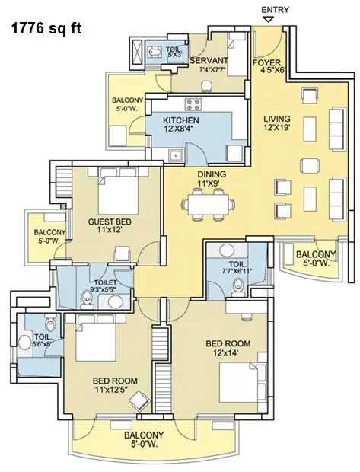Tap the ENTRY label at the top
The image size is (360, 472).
276,8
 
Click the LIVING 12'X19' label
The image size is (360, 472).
277,124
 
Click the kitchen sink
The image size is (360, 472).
175,157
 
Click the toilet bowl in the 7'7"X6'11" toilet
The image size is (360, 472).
237,286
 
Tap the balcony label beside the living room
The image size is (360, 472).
315,259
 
